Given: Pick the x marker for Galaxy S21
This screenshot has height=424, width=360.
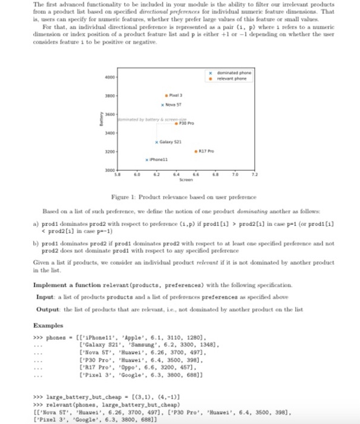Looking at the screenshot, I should (x=156, y=141).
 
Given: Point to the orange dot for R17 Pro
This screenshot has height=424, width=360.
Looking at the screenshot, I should (x=195, y=151).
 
